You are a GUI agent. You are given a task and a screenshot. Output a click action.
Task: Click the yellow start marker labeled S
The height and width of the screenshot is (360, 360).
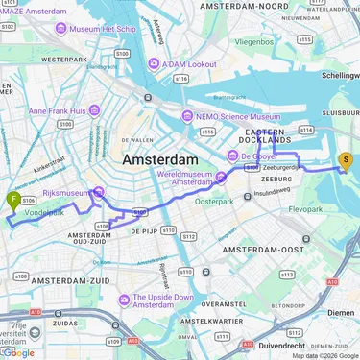346,161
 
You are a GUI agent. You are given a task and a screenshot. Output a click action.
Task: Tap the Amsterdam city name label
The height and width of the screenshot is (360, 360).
159,158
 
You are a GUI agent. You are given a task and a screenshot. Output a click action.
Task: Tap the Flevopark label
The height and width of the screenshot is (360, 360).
323,208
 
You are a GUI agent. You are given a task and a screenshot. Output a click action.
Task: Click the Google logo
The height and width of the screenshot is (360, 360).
18,352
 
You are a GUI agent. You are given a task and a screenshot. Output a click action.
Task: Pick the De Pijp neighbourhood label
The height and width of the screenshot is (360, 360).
143,231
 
